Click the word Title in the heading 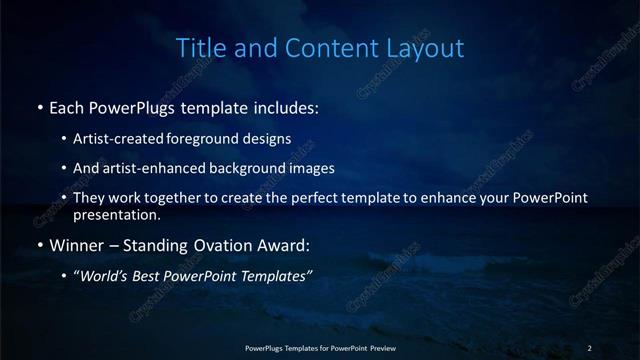point(199,47)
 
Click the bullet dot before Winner point(39,243)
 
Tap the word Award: point(287,243)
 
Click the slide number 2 point(589,347)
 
